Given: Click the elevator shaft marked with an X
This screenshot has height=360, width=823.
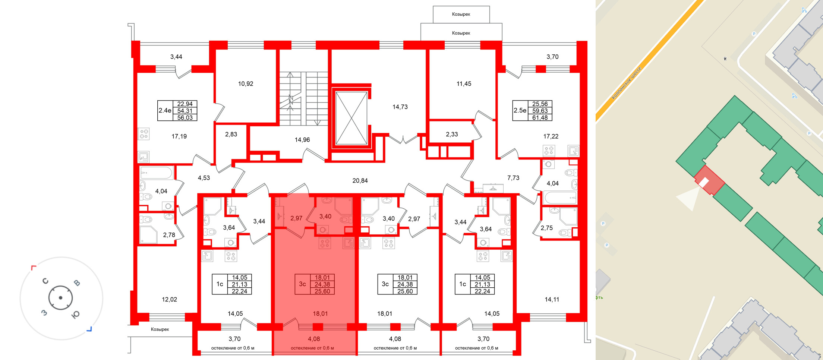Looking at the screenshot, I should [351, 118].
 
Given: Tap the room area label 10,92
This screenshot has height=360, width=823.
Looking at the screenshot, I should [245, 84].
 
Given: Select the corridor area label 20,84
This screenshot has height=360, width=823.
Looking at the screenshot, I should [360, 181].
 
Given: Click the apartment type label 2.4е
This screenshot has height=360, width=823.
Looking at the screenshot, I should [165, 110].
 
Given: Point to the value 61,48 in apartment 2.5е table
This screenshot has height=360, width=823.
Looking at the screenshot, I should [540, 118].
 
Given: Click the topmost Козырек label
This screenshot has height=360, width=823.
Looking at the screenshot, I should [461, 14].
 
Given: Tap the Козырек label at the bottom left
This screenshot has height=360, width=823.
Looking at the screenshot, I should [160, 329].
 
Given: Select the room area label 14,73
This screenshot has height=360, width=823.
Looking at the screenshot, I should [400, 107].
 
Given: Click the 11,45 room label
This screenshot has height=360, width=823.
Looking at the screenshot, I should [464, 84].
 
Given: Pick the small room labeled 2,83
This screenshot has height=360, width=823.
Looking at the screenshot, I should [231, 134].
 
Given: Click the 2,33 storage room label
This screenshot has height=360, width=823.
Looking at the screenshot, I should [452, 134].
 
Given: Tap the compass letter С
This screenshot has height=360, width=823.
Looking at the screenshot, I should [45, 281].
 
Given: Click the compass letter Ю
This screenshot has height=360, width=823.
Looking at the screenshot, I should [75, 315].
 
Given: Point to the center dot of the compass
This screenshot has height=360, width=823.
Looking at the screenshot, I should [60, 298].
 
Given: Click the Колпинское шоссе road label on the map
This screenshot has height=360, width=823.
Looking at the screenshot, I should [627, 83].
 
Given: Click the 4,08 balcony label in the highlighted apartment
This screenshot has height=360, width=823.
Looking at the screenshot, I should [313, 339].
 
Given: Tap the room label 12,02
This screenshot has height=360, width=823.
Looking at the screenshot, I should [169, 300].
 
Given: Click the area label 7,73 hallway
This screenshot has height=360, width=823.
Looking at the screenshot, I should [513, 178].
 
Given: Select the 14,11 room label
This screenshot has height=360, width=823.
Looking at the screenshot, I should [552, 300].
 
